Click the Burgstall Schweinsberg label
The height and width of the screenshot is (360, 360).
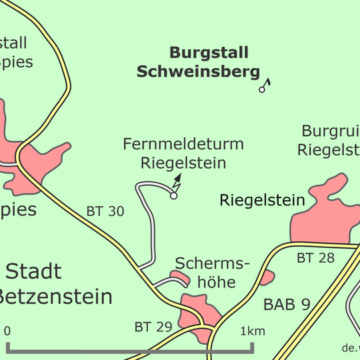coord(198,62)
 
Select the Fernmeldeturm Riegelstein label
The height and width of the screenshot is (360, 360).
coord(183,153)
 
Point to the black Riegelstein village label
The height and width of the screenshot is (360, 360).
coord(262,200)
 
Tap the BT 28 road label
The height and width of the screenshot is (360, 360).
coord(315,258)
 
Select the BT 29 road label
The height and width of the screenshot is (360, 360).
coord(153,327)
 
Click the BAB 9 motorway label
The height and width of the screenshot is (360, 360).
coord(287,305)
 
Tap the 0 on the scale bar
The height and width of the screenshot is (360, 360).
coord(7,331)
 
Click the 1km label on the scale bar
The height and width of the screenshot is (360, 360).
coord(252,331)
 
